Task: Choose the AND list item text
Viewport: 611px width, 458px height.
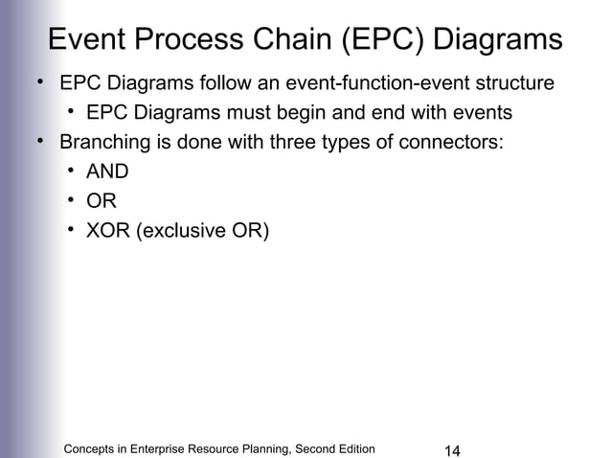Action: click(107, 173)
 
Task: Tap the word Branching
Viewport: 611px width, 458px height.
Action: click(102, 144)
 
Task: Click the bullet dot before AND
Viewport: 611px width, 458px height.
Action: click(72, 172)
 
